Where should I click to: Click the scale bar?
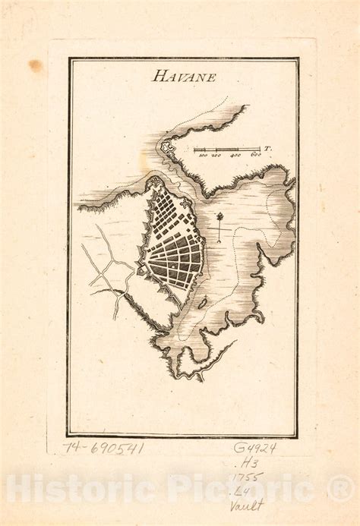228,148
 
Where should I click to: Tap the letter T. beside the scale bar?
268,148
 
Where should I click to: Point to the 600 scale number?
256,156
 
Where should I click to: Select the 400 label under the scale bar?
235,156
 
